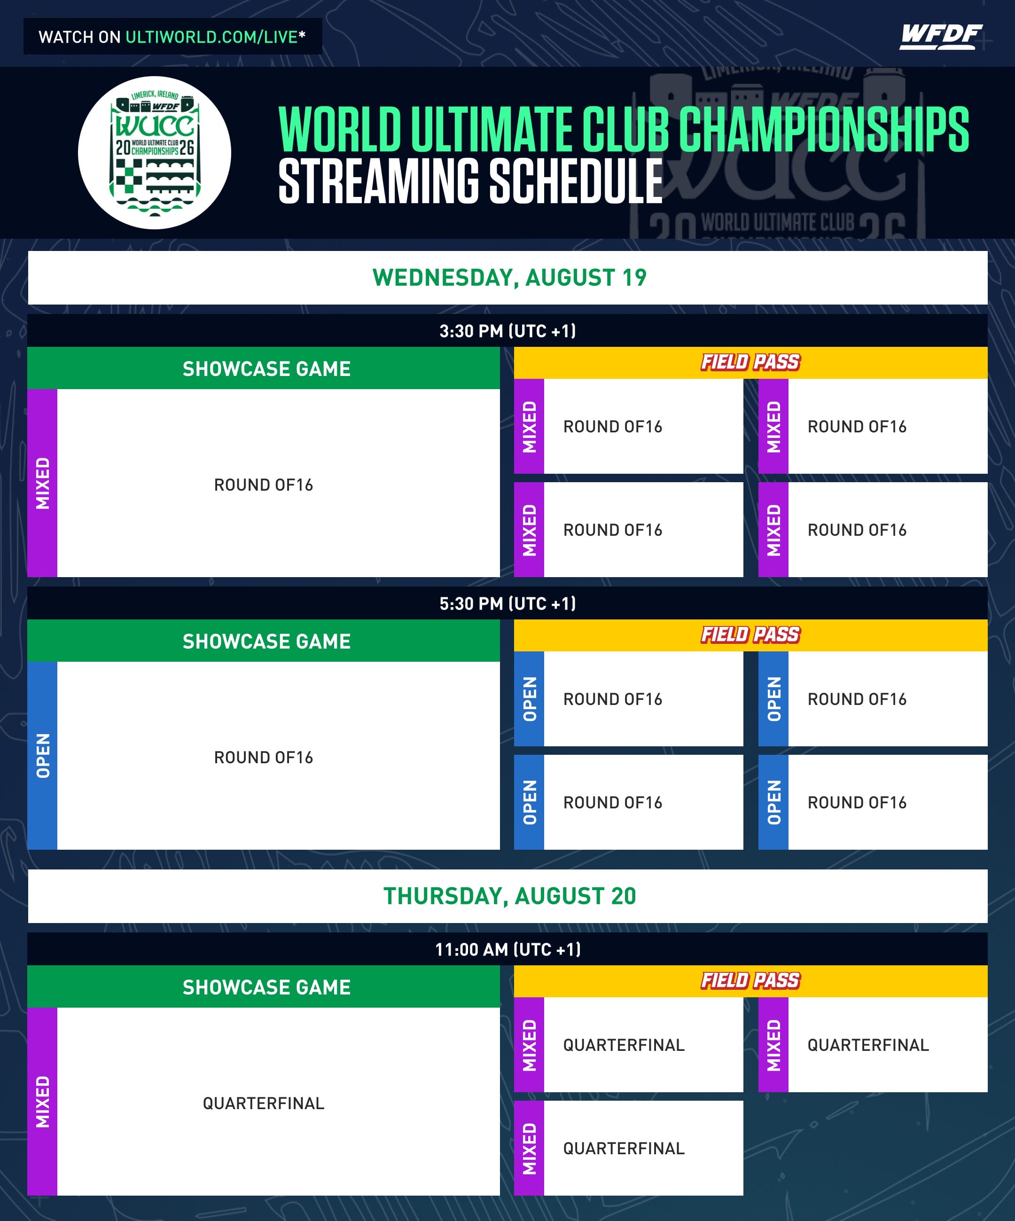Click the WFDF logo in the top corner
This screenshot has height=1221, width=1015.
[x=941, y=37]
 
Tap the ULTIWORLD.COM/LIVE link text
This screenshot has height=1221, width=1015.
[x=211, y=37]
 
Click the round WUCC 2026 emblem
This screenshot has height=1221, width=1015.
[x=155, y=153]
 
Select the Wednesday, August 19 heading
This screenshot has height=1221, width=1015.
[x=509, y=277]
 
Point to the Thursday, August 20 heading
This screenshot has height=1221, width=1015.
[x=510, y=896]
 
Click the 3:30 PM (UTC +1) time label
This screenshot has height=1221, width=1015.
[x=507, y=331]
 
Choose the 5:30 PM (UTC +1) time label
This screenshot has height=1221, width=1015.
[x=507, y=603]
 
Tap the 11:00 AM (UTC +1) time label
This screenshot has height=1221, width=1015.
[x=507, y=949]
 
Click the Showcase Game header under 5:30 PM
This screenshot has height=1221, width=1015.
[x=266, y=642]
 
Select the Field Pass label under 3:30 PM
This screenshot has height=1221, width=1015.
[x=750, y=362]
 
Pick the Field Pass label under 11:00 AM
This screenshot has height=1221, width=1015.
[x=750, y=981]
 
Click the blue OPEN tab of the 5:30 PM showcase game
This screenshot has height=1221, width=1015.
[x=42, y=755]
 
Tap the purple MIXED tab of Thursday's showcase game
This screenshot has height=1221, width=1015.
[x=42, y=1101]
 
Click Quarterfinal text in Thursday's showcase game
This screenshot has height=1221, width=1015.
[x=263, y=1103]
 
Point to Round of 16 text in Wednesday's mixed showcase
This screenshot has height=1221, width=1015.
[x=263, y=485]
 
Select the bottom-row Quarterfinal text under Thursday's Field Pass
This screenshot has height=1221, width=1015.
[x=624, y=1148]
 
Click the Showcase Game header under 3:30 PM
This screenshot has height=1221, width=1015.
[x=266, y=368]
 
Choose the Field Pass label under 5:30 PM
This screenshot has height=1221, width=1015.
[x=750, y=635]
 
